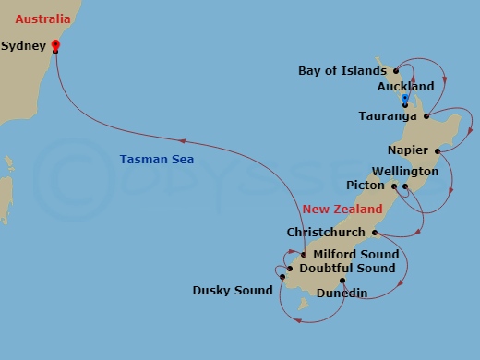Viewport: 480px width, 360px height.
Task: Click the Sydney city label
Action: pyautogui.click(x=25, y=44)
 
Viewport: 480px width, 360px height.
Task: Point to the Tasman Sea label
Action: pyautogui.click(x=155, y=159)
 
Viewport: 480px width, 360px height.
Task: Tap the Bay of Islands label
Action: pyautogui.click(x=342, y=70)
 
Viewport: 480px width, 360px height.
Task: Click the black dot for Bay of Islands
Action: pyautogui.click(x=395, y=70)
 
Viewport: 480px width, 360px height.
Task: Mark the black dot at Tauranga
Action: pyautogui.click(x=426, y=116)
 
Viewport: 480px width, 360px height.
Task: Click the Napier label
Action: pyautogui.click(x=408, y=150)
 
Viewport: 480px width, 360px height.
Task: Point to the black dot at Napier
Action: pyautogui.click(x=437, y=150)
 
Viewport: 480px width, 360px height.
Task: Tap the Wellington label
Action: pyautogui.click(x=404, y=172)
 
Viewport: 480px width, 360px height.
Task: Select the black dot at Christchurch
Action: pyautogui.click(x=374, y=233)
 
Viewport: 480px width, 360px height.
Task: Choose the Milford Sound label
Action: pyautogui.click(x=356, y=255)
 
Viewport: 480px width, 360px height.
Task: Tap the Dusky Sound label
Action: pyautogui.click(x=233, y=291)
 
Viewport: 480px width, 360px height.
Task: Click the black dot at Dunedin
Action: pyautogui.click(x=342, y=281)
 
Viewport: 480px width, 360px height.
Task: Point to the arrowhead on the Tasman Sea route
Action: pyautogui.click(x=183, y=141)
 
